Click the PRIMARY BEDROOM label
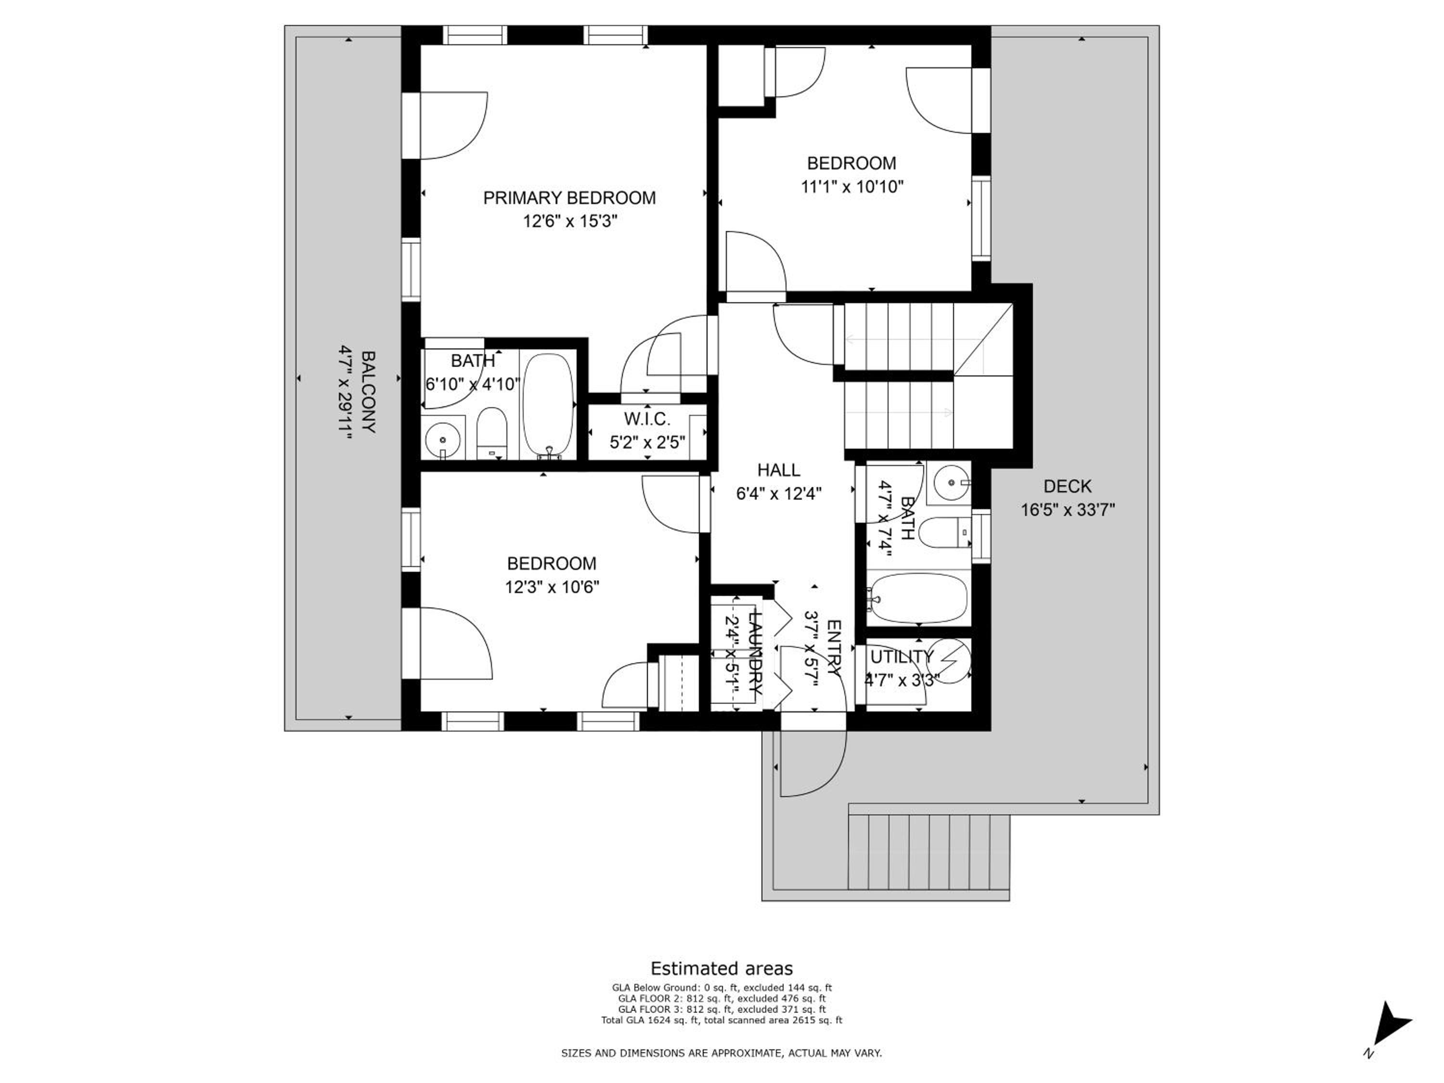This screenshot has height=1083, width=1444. [569, 198]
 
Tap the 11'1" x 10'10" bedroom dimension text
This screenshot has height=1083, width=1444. [852, 187]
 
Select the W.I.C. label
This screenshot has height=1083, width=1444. [647, 419]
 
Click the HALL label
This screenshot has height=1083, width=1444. [778, 470]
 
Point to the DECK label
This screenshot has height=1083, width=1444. [1067, 486]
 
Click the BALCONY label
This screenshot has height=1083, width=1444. [368, 392]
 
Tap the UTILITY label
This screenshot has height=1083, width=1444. [902, 657]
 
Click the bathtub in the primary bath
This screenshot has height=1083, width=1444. [549, 406]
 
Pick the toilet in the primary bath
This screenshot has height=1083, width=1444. [491, 434]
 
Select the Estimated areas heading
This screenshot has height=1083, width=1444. [722, 968]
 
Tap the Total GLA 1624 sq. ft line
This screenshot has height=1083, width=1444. [722, 1019]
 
